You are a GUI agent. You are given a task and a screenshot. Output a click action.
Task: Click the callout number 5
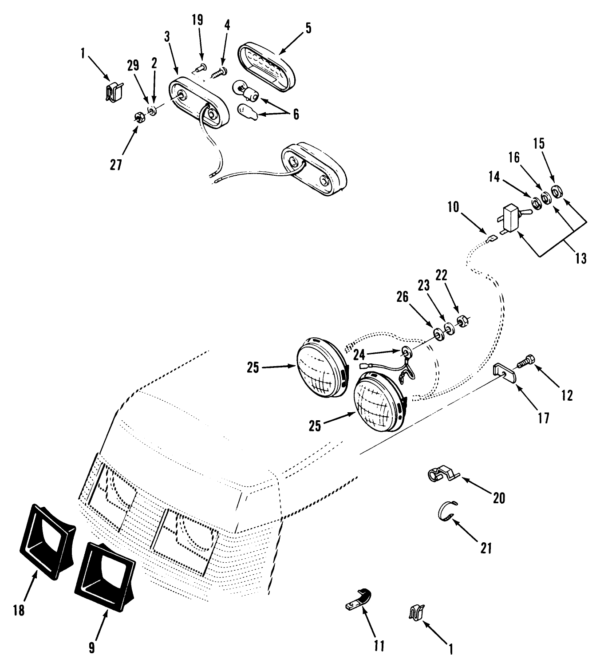click(308, 28)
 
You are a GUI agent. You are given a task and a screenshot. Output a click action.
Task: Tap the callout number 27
click(116, 164)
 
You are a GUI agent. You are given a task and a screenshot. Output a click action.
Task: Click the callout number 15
click(539, 144)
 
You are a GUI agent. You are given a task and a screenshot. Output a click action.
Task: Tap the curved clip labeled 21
click(444, 512)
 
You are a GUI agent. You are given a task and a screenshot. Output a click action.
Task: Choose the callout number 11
click(379, 645)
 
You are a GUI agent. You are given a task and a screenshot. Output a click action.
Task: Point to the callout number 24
click(359, 355)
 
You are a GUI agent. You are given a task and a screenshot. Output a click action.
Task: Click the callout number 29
click(133, 66)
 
